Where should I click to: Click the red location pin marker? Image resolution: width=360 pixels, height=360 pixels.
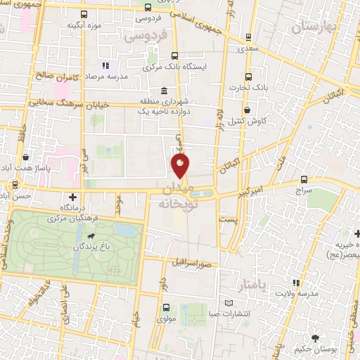click(x=181, y=166)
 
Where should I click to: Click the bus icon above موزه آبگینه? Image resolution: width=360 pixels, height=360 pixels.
click(x=85, y=14)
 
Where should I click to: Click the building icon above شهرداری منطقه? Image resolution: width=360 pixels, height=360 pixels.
click(x=164, y=91)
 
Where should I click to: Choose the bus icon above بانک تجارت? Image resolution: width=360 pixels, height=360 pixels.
click(x=247, y=77)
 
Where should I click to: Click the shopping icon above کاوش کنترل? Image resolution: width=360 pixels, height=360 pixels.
click(x=247, y=110)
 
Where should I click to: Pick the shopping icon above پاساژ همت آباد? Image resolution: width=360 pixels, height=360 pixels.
click(x=26, y=157)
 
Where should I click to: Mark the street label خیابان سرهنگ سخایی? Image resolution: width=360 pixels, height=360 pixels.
click(x=63, y=103)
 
